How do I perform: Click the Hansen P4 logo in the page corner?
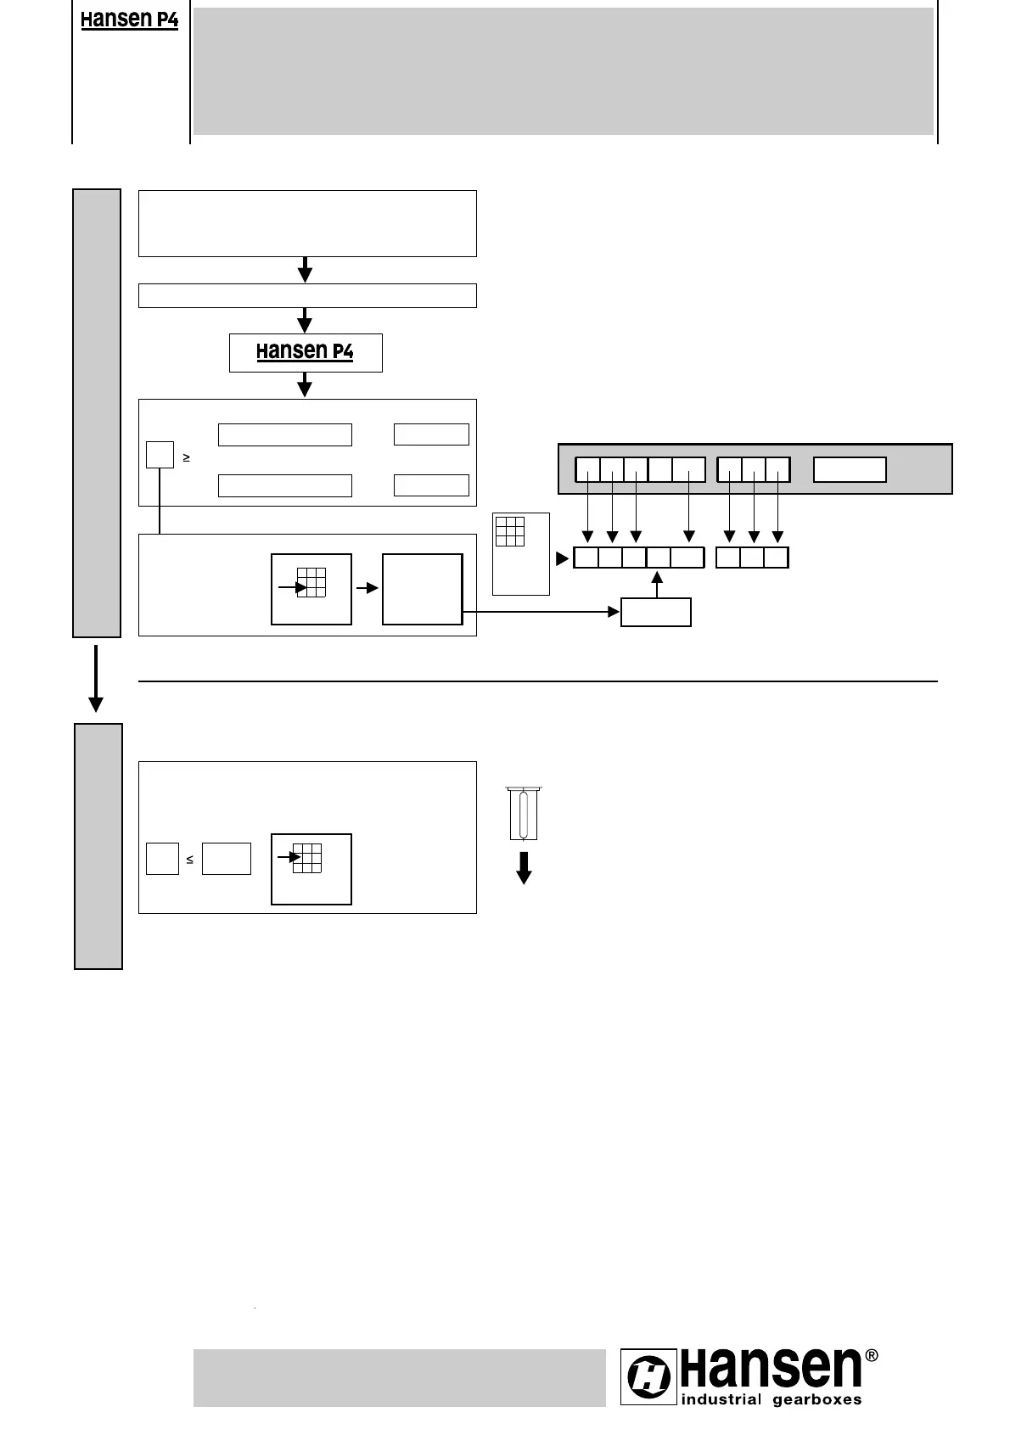(x=129, y=20)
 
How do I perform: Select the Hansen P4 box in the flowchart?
(x=306, y=352)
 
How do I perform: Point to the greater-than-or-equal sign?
(x=186, y=458)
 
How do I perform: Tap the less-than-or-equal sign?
(x=189, y=860)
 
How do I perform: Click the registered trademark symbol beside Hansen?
(x=871, y=1355)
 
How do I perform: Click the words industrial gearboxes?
(x=771, y=1399)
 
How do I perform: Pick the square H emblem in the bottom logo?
(x=649, y=1376)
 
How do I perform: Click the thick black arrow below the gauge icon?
(x=525, y=866)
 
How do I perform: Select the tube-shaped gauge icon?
(x=524, y=812)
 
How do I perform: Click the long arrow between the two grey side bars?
(x=96, y=678)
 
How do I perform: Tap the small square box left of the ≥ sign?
(x=160, y=455)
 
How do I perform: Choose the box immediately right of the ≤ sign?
(x=227, y=859)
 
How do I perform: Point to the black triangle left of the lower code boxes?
(x=561, y=559)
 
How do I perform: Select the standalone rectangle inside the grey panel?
(x=850, y=469)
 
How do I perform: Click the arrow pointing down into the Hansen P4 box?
(x=305, y=321)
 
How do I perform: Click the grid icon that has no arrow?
(x=510, y=531)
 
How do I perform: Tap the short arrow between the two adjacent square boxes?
(x=367, y=587)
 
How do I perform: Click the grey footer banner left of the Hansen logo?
(x=399, y=1377)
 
